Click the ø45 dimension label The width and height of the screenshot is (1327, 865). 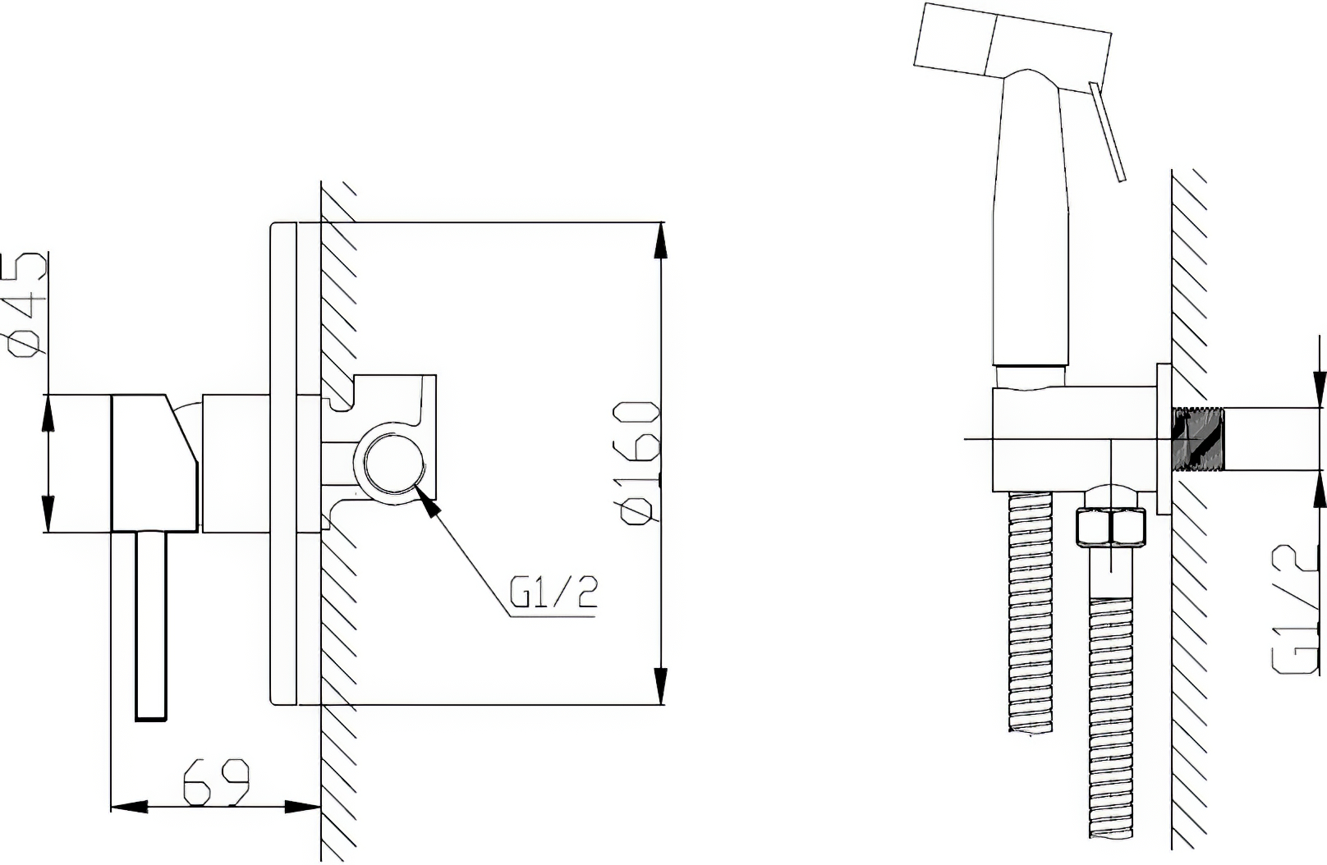point(25,305)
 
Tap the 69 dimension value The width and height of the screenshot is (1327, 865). point(216,781)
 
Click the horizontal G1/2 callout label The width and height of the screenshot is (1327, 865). point(554,592)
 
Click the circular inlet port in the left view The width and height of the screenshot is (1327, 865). point(394,463)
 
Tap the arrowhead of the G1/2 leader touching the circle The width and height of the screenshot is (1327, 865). point(428,501)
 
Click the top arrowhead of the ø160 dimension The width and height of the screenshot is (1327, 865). point(660,240)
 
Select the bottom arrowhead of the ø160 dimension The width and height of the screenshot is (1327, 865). point(660,686)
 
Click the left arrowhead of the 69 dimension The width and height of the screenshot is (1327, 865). point(129,806)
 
